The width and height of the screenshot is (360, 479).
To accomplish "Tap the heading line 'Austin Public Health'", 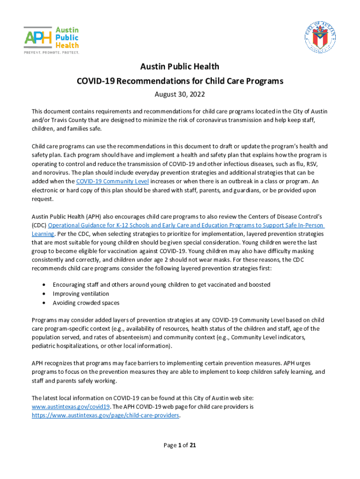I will (180, 67).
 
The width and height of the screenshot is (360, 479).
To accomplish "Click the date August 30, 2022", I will (180, 94).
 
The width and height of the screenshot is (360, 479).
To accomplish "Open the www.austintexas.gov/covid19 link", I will (71, 406).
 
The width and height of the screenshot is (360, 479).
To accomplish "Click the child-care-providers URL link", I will (105, 415).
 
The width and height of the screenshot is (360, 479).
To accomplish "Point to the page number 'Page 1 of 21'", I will (180, 445).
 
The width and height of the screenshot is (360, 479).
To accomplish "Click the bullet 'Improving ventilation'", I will (81, 294).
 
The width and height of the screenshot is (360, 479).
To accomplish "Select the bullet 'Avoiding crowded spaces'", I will (86, 303).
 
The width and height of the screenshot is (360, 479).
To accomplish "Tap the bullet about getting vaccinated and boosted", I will (161, 285).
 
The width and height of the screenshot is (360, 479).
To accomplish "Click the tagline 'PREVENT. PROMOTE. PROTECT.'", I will (51, 52).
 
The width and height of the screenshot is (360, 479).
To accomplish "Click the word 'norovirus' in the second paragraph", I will (48, 172).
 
